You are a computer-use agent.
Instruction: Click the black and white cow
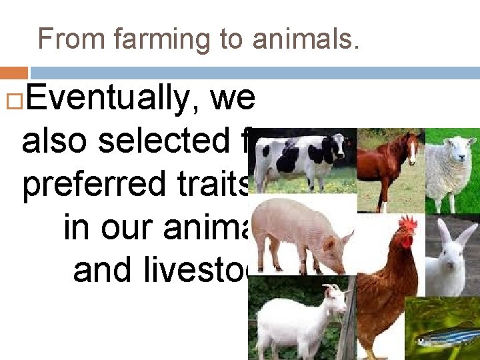300,157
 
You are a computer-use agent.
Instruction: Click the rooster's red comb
408,225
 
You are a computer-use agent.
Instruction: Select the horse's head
413,146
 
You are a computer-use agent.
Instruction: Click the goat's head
333,296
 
